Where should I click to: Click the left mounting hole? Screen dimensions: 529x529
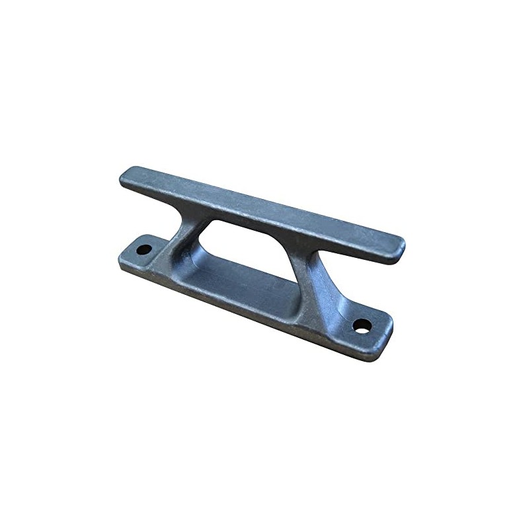[x=143, y=251]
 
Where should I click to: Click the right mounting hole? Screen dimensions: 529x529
[x=362, y=325]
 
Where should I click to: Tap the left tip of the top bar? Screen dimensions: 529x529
[x=124, y=176]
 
